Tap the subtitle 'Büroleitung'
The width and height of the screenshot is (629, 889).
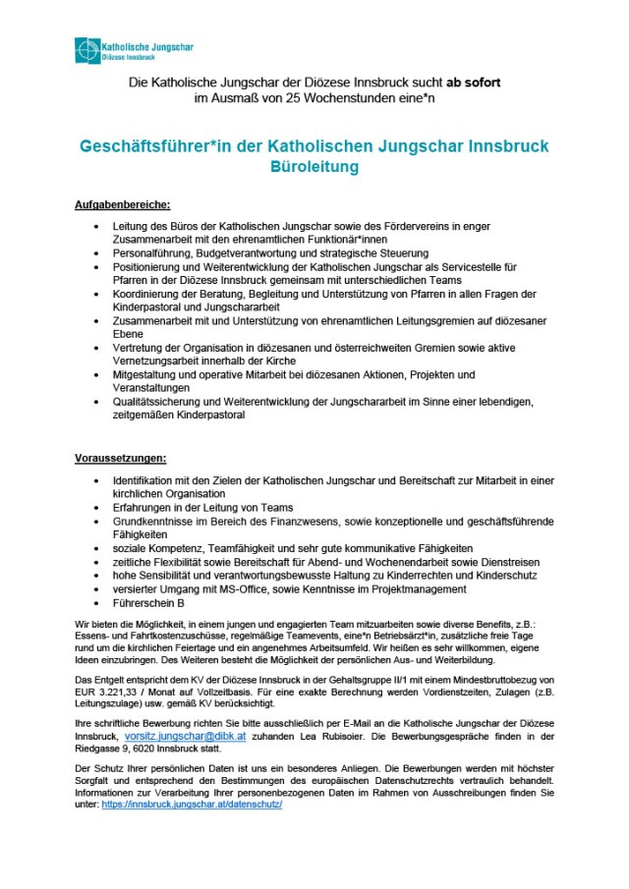click(314, 167)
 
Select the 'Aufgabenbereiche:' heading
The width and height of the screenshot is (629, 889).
click(122, 205)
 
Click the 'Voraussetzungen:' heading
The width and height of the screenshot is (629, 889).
click(121, 458)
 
